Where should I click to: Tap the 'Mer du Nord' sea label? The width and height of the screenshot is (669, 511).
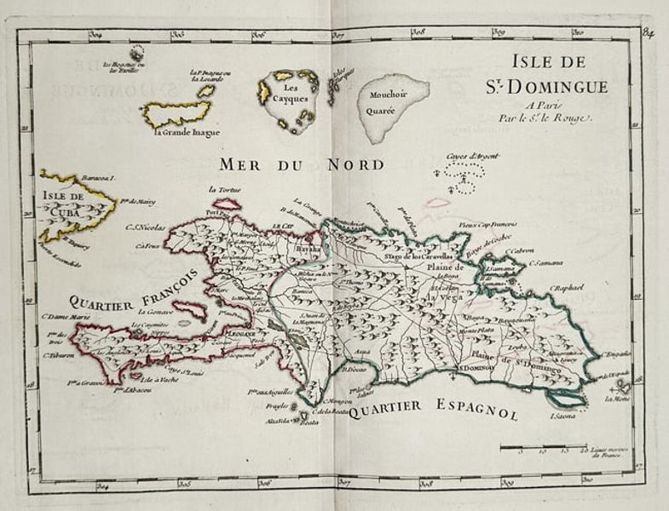pos(301,164)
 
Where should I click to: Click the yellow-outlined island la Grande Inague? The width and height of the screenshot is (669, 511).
pos(176,113)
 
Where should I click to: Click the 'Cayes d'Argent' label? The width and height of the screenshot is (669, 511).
pos(472,157)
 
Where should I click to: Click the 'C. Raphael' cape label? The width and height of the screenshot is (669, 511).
pos(566,288)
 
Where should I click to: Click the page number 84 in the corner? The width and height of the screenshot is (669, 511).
pos(649,33)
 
